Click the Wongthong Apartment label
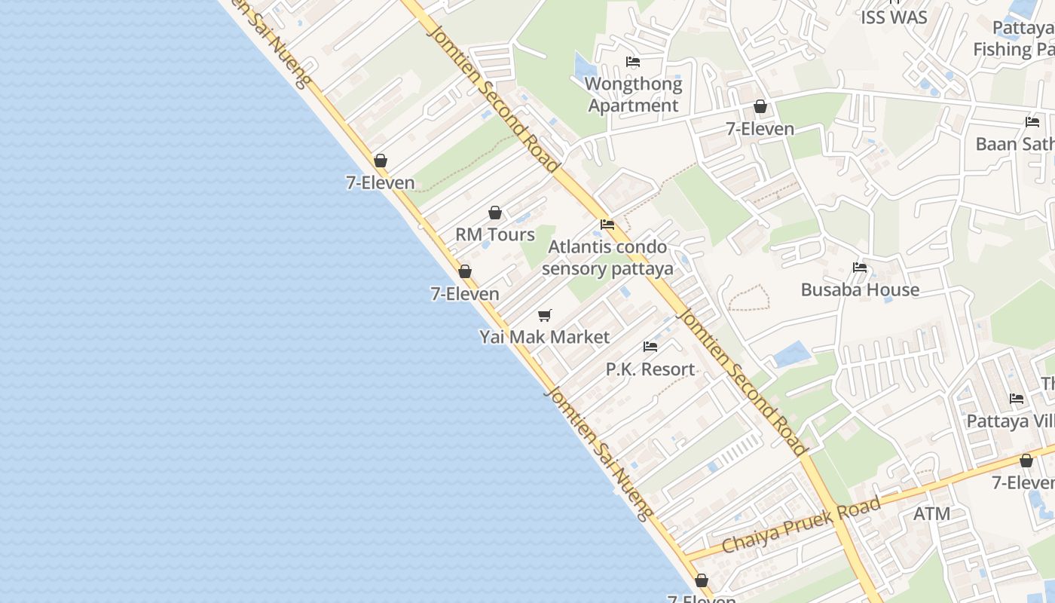coord(633,94)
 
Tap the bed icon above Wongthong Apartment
coord(633,62)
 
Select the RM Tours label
coord(495,234)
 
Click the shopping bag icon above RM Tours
coord(495,213)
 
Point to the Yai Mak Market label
coord(544,336)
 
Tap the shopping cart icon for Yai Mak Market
coord(544,315)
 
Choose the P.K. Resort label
coord(650,369)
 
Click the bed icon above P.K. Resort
coord(650,347)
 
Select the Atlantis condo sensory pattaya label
coord(607,258)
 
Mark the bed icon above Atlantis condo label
coord(607,225)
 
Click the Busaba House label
coord(860,289)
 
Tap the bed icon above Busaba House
coord(860,268)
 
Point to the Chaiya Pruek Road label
coord(801,525)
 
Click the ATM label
coord(931,513)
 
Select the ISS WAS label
coord(894,17)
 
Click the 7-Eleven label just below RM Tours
coord(465,293)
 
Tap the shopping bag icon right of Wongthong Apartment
coord(760,107)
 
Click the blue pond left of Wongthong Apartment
coord(583,66)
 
